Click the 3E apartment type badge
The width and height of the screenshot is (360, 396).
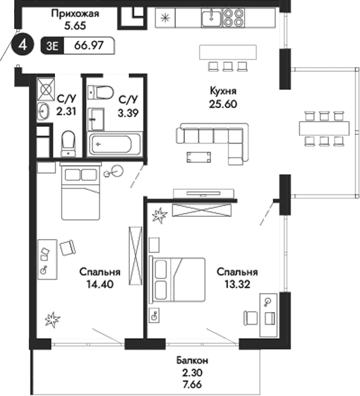52,47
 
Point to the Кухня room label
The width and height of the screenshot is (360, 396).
222,91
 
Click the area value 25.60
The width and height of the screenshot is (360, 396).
222,103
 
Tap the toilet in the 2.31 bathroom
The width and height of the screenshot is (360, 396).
68,143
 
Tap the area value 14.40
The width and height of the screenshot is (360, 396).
100,285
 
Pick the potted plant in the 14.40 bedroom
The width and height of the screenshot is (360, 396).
53,320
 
